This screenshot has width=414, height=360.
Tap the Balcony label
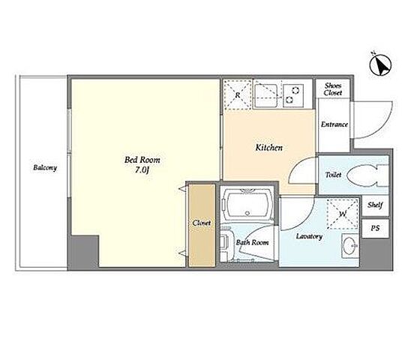click(45, 168)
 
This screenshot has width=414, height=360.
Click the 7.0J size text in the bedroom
click(142, 170)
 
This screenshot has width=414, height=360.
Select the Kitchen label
click(268, 148)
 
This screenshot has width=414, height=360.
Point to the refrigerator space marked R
click(237, 94)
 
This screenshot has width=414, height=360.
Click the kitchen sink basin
click(266, 95)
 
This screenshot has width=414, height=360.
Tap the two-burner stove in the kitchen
click(293, 95)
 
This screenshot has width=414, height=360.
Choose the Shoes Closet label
click(333, 89)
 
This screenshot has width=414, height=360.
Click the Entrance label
click(334, 124)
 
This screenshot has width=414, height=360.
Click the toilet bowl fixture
click(367, 175)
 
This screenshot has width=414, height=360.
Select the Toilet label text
click(333, 175)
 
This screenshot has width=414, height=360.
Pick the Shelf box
click(375, 205)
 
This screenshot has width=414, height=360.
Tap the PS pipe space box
click(375, 228)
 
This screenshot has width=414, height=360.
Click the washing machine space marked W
click(343, 214)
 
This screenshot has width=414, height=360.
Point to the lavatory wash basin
click(350, 246)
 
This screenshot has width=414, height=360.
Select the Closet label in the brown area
click(202, 223)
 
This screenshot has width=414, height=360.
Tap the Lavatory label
click(309, 236)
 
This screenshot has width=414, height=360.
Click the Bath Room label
click(253, 242)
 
